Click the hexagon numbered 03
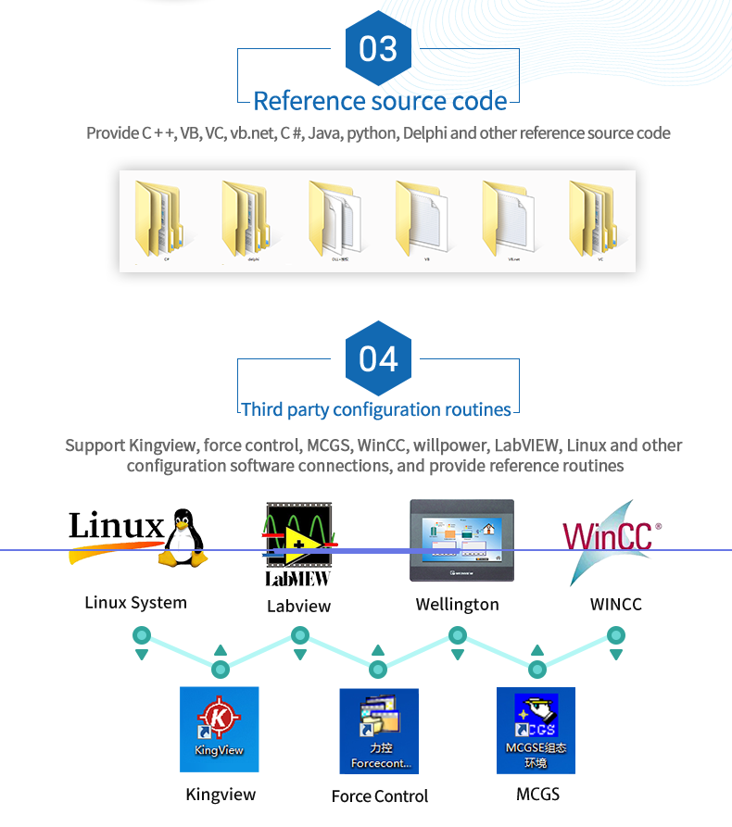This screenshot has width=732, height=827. (378, 49)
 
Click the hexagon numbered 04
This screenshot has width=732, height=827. (378, 359)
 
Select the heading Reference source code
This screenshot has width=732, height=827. (380, 101)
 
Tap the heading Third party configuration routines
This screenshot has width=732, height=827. (376, 409)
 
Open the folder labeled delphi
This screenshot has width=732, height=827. (247, 219)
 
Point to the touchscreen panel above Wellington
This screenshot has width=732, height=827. (462, 539)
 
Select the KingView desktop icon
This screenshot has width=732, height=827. (220, 729)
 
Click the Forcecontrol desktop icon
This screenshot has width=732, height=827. (379, 732)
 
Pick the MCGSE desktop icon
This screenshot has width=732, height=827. (536, 731)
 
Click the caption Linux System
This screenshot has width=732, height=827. (136, 603)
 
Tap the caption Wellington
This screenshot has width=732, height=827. (457, 605)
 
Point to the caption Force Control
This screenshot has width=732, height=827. (380, 796)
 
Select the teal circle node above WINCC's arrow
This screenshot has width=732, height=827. (615, 635)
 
